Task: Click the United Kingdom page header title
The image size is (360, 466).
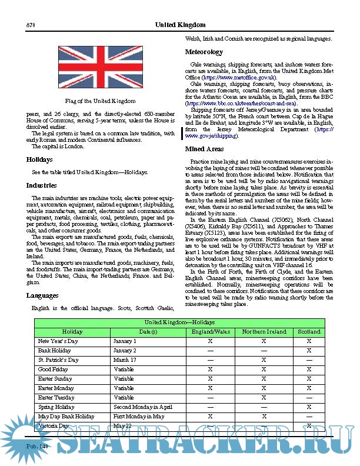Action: (180, 25)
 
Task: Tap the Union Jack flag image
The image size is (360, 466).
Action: (99, 68)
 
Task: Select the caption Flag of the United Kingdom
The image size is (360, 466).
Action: (99, 101)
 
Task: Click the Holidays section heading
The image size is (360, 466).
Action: (41, 159)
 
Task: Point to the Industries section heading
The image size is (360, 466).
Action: (41, 185)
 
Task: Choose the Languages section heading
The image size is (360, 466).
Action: (43, 295)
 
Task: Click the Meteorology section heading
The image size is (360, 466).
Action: (204, 52)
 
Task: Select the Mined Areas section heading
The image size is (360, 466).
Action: (204, 149)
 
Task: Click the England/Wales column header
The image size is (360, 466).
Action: (211, 332)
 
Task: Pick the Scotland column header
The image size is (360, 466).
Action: (309, 332)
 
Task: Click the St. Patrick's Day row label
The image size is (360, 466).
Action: (58, 360)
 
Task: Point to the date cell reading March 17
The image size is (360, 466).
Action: (125, 360)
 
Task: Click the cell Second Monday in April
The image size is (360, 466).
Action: (143, 407)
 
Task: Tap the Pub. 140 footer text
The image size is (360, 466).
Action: (36, 447)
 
